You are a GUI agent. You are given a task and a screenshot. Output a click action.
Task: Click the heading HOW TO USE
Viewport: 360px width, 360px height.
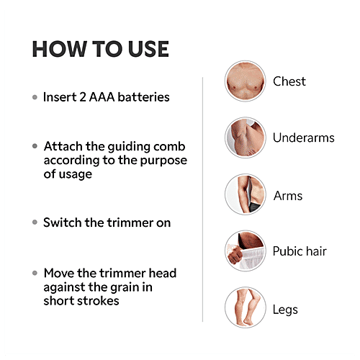coord(100,50)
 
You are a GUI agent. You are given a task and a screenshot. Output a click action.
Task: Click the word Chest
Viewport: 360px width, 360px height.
coord(289,81)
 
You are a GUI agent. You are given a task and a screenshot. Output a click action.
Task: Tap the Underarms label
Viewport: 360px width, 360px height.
coord(303,138)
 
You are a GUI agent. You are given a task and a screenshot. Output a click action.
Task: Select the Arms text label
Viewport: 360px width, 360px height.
coord(287,195)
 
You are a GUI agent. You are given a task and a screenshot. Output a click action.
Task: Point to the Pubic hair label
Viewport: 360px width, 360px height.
coord(300,251)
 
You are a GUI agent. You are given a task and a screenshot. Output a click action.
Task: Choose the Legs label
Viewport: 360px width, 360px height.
coord(285,310)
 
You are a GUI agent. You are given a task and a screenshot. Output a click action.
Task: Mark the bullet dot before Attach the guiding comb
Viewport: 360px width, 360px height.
coord(35,145)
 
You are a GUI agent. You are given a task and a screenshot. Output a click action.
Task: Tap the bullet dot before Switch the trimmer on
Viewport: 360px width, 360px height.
coord(35,222)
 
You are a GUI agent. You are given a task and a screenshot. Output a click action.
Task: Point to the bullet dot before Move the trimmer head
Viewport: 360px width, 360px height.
coord(35,274)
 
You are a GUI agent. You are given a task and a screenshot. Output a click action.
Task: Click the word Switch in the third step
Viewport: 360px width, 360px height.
coord(62,222)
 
